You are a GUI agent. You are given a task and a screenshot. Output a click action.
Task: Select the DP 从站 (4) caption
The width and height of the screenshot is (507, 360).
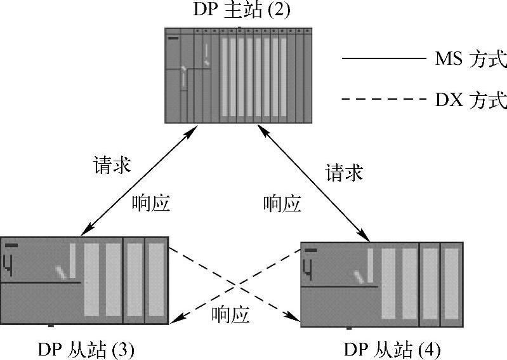[392, 350]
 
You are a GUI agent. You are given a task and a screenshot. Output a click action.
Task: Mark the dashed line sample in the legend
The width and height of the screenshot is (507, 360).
[382, 99]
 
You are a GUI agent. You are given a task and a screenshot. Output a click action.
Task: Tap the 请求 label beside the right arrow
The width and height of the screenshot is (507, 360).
[345, 172]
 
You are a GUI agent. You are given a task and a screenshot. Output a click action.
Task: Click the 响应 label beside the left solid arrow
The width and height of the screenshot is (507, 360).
[151, 203]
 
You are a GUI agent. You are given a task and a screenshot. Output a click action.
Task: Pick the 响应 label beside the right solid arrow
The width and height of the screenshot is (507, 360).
[282, 203]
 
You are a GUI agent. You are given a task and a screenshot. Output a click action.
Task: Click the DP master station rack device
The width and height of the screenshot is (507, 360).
[239, 75]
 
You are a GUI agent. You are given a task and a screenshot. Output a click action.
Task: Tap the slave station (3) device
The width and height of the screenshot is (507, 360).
[84, 280]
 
